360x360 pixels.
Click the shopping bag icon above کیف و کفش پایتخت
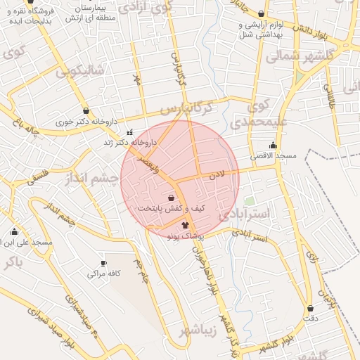tap(172, 198)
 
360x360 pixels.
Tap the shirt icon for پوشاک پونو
tap(184, 226)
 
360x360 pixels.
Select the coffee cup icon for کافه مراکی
tap(103, 263)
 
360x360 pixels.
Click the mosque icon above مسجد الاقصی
tap(273, 145)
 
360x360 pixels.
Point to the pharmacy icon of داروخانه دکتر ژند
tap(129, 132)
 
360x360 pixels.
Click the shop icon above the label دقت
tap(310, 309)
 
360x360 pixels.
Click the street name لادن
tap(217, 174)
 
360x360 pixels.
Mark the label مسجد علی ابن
tap(27, 243)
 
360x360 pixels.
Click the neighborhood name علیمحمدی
tap(259, 114)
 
